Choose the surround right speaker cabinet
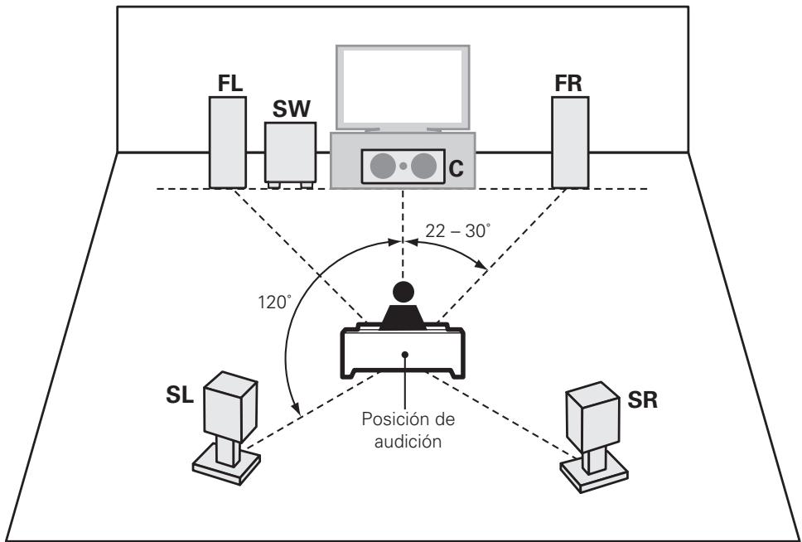pos(590,414)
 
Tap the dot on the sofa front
pos(404,354)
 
